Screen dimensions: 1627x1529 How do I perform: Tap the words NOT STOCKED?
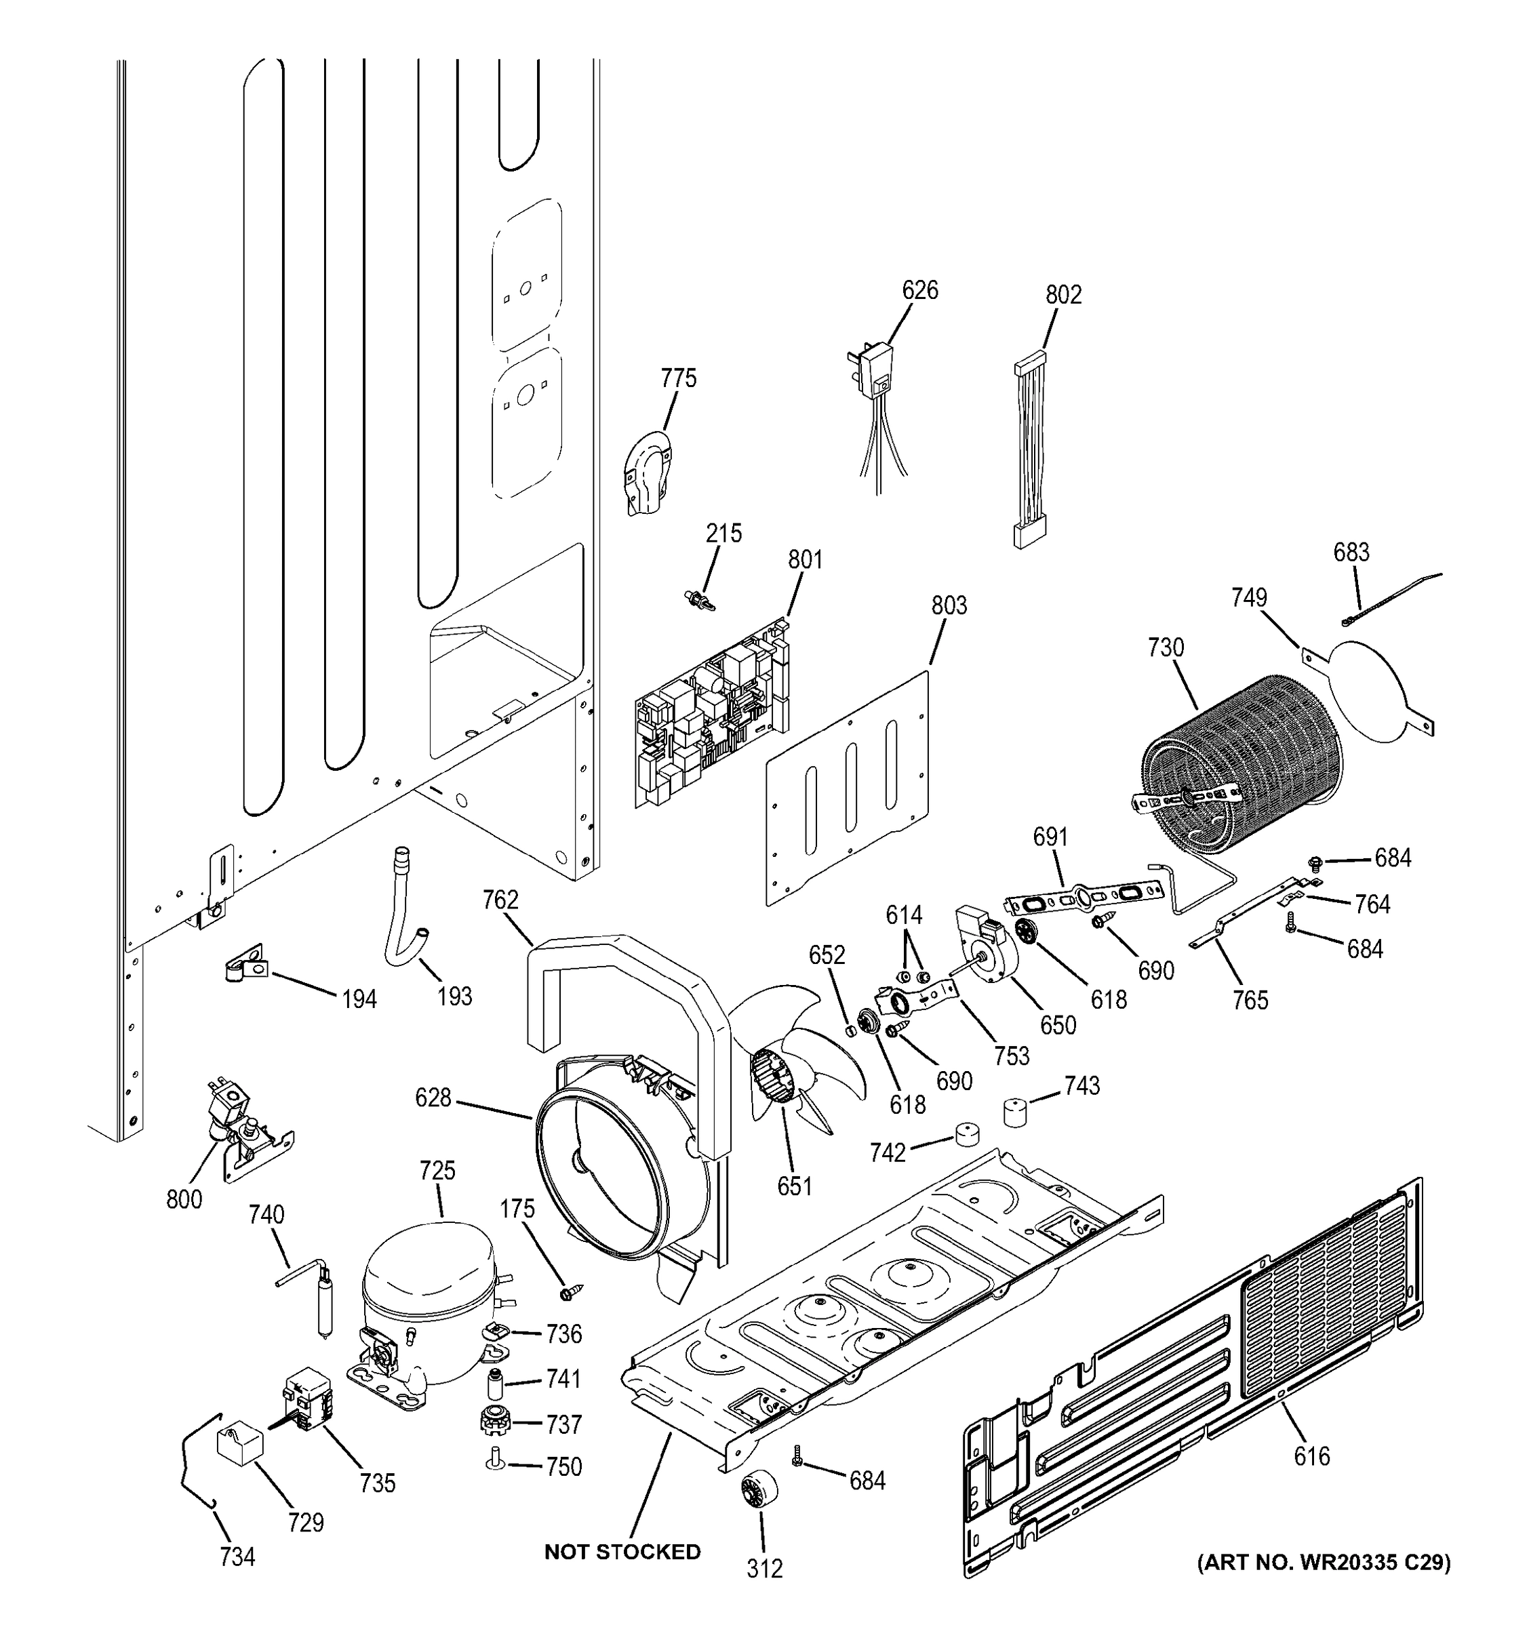622,1552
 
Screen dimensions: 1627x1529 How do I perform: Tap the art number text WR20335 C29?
1324,1563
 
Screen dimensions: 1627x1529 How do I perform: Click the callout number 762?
500,900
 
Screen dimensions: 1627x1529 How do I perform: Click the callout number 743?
1081,1085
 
